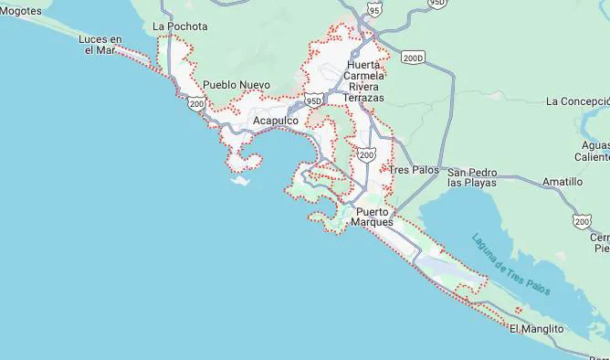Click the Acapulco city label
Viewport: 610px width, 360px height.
click(275, 121)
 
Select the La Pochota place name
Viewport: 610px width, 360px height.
click(180, 26)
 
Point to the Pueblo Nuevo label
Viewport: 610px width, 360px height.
click(236, 84)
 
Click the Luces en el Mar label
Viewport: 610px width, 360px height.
click(100, 45)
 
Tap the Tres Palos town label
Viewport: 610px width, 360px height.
click(414, 170)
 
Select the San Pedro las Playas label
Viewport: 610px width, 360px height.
click(472, 177)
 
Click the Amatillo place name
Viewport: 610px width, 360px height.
click(563, 182)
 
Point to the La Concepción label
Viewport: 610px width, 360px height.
click(578, 101)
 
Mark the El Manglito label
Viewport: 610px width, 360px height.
click(536, 328)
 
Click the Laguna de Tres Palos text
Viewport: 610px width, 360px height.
click(510, 265)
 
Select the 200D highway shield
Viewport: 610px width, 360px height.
click(413, 58)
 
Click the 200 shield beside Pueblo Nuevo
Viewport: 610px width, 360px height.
click(196, 103)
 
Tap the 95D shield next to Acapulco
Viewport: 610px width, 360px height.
click(314, 99)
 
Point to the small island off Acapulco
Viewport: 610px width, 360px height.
click(240, 180)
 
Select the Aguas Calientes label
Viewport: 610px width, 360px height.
click(595, 151)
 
